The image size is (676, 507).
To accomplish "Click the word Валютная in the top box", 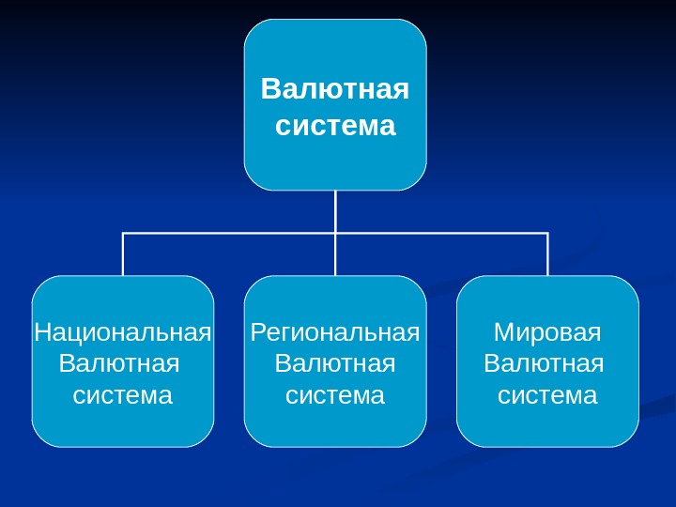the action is tap(335, 90).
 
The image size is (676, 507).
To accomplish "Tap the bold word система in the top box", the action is tap(335, 125).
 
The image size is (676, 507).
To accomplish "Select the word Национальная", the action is tap(123, 332).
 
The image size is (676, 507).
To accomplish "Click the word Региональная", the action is tap(335, 332).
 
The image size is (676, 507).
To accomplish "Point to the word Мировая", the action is tap(547, 332).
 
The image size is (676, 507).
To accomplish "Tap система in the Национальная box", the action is tap(123, 395).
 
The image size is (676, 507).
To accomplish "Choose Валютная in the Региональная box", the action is tap(335, 363).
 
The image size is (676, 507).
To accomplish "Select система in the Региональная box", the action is tap(335, 395).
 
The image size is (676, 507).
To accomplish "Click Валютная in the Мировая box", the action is tap(543, 363).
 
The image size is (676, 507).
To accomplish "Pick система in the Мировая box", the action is tap(547, 395).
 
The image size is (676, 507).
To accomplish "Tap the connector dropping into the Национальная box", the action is tap(123, 255).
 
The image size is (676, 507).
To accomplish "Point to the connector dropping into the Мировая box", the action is tap(547, 255).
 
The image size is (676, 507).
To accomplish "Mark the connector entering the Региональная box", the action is tap(335, 255).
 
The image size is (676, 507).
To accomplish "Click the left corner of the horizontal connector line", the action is tap(123, 233).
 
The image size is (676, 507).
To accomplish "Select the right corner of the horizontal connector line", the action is tap(547, 233).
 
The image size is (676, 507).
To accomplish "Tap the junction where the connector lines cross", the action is tap(335, 233).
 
